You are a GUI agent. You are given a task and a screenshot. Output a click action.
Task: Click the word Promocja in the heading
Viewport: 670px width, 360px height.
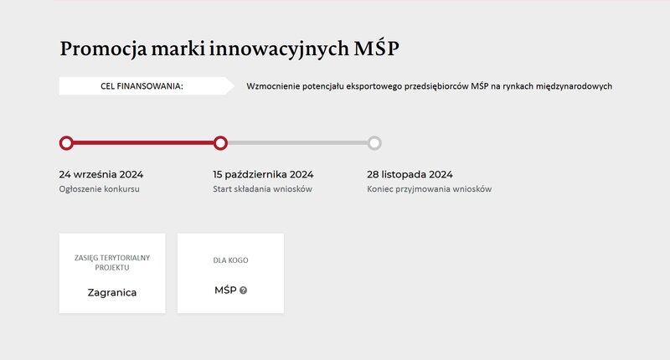coord(103,49)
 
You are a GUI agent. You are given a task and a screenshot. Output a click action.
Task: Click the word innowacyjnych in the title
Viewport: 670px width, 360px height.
coord(279,49)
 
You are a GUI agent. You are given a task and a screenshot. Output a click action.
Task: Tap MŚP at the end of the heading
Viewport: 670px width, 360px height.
coord(376,47)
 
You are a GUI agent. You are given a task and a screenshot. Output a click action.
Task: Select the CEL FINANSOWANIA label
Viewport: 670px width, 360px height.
coord(142,86)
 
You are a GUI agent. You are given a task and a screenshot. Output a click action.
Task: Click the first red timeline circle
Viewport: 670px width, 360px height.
coord(66,143)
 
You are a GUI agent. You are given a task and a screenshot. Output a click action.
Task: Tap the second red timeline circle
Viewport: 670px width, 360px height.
coord(220,143)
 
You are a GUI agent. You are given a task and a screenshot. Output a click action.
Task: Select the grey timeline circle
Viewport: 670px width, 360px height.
coord(374,143)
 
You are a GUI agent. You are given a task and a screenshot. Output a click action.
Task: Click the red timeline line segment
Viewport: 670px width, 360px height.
coord(143,143)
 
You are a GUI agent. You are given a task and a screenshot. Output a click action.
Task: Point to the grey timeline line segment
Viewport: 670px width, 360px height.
coord(297,143)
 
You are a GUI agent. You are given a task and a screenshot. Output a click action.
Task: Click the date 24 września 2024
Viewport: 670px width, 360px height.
coord(101,175)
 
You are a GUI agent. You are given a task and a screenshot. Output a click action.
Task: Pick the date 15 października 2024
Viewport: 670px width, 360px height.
coord(263,175)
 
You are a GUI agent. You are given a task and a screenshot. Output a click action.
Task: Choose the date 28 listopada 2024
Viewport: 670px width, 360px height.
coord(410,175)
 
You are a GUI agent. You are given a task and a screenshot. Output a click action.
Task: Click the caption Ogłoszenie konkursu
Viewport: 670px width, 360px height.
coord(99,189)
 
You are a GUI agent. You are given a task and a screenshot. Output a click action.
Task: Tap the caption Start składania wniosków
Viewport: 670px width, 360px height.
coord(262,189)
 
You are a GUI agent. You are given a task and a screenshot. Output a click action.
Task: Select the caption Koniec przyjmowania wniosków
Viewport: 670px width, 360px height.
coord(430,189)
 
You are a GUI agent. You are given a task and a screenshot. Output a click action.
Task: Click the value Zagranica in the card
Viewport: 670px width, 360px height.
coord(112,293)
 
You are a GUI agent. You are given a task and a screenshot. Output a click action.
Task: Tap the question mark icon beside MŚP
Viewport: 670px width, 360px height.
coord(243,291)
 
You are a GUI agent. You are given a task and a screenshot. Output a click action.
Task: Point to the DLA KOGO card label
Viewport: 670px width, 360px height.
coord(231,260)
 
